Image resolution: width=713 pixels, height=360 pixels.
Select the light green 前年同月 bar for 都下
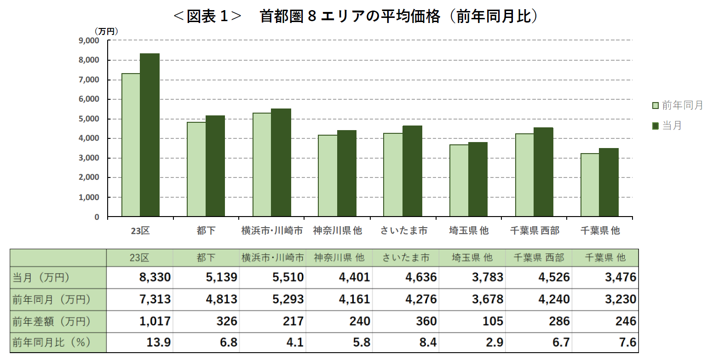click(x=196, y=169)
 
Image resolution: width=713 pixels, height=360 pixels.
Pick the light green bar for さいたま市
click(x=393, y=175)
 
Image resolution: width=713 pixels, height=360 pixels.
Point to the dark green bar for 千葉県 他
click(x=609, y=182)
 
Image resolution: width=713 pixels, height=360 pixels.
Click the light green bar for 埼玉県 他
click(x=459, y=181)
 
